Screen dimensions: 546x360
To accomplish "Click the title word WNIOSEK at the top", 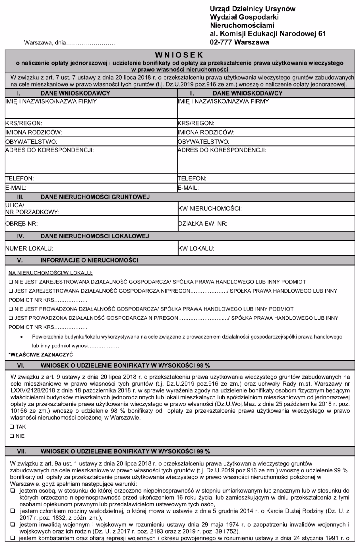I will (x=179, y=54).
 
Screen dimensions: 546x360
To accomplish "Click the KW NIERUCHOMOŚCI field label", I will (x=210, y=209).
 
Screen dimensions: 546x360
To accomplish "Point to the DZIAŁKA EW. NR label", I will (x=202, y=224).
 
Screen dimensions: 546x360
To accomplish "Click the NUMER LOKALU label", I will (x=29, y=249).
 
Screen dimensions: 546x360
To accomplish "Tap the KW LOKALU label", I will (x=196, y=249).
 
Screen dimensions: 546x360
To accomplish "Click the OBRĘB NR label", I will (x=22, y=224).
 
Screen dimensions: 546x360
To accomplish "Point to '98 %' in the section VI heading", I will (x=202, y=365).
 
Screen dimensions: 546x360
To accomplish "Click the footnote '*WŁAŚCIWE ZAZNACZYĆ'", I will (x=41, y=355).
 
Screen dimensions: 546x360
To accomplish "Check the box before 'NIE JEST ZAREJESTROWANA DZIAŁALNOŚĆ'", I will (x=11, y=282).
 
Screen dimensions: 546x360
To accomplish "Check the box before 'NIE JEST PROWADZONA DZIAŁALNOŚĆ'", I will (x=11, y=309).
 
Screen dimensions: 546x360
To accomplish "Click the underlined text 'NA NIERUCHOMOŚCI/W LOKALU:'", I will (x=50, y=273).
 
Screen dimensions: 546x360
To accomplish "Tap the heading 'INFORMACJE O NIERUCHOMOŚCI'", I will (x=90, y=260).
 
